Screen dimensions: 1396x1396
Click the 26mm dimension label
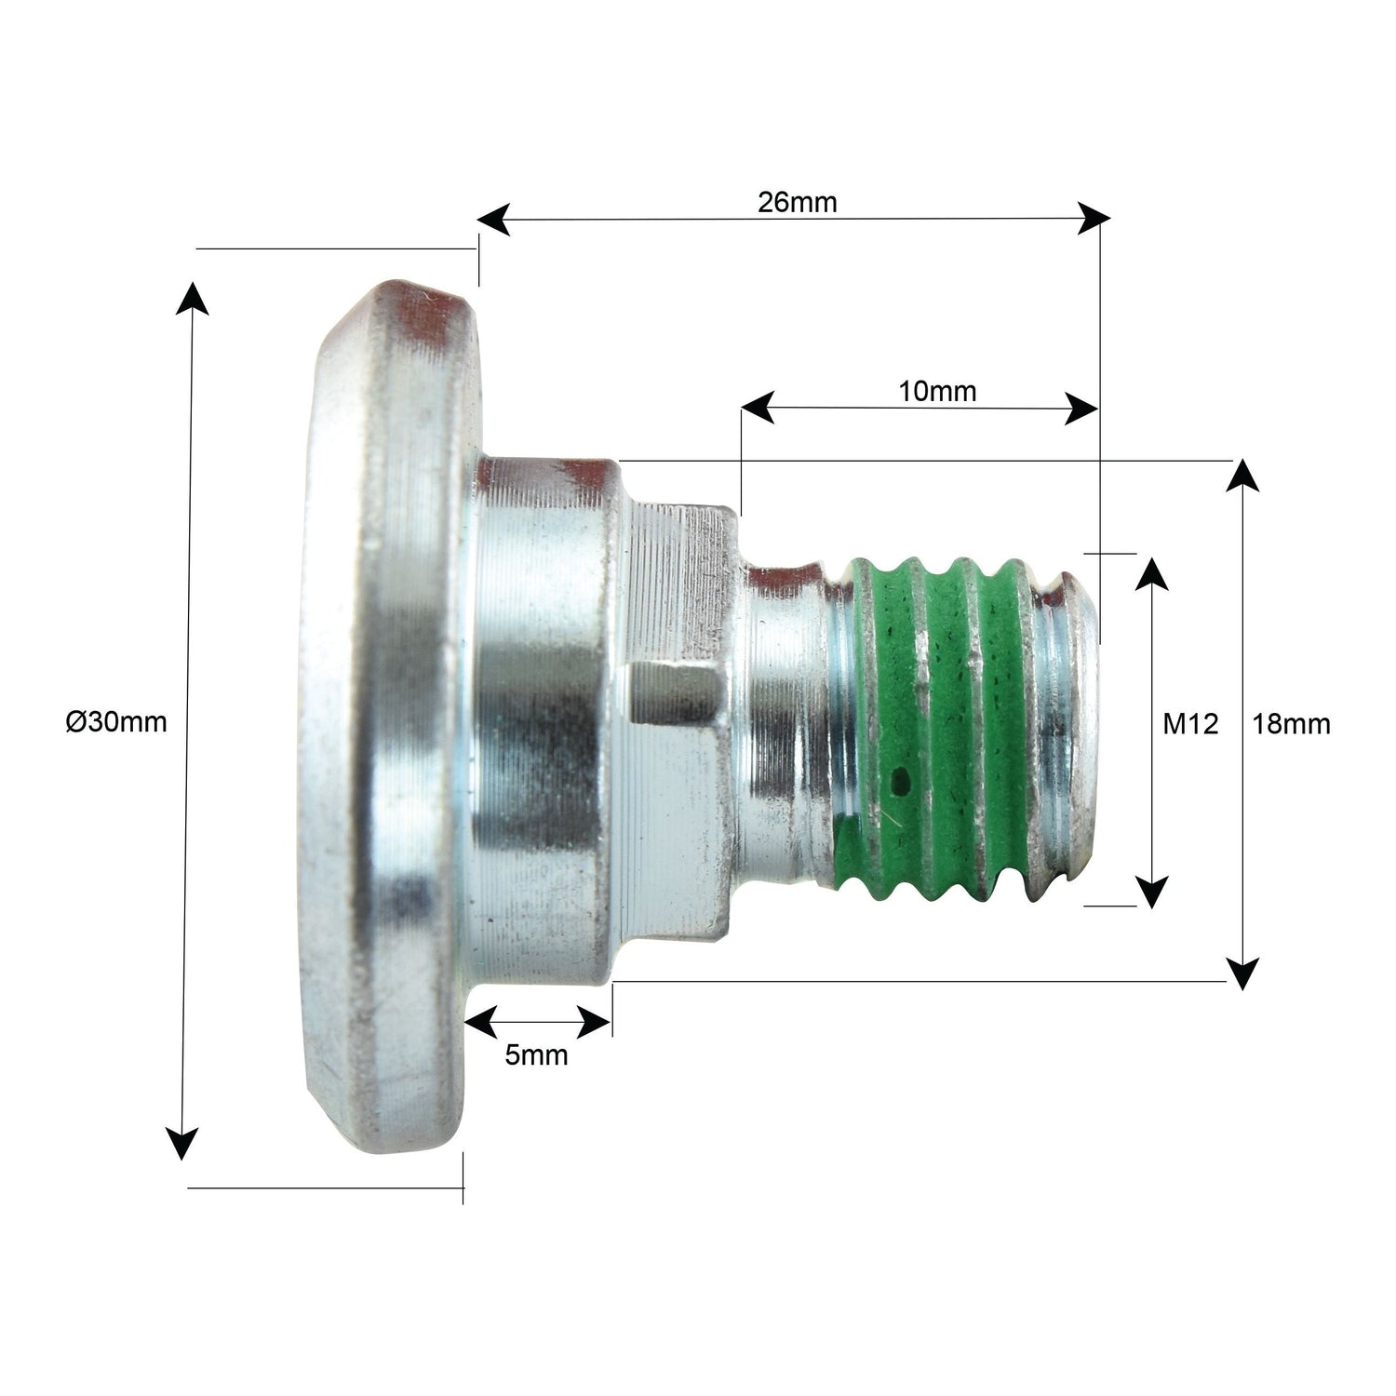click(797, 202)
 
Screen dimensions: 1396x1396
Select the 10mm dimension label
click(937, 391)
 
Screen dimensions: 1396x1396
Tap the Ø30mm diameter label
click(116, 721)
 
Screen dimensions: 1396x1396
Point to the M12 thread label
click(1190, 723)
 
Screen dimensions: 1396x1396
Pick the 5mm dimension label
click(536, 1055)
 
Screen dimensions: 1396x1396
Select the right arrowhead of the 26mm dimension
click(1094, 220)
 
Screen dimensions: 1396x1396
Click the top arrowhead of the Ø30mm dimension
click(193, 298)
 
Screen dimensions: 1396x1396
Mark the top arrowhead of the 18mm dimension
click(1242, 475)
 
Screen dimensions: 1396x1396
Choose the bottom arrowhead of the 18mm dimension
click(1242, 973)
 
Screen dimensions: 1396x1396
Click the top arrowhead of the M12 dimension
click(1153, 572)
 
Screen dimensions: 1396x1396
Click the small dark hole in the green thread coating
click(901, 780)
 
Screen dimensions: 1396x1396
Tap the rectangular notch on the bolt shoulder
click(675, 693)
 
